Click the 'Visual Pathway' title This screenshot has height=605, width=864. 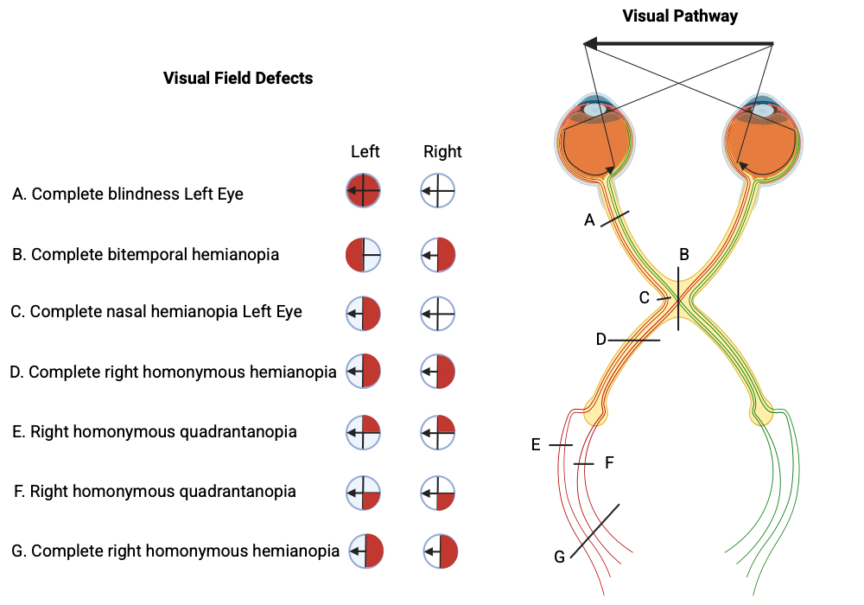click(680, 16)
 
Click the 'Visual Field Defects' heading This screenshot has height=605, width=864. click(238, 78)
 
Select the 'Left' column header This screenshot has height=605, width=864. click(365, 151)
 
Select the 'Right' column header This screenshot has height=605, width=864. click(442, 151)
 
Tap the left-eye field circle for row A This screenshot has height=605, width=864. click(363, 190)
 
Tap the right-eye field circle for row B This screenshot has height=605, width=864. click(438, 255)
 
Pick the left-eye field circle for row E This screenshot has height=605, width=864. click(363, 431)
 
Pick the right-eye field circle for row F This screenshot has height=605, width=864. click(438, 492)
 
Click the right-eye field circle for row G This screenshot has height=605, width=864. click(441, 551)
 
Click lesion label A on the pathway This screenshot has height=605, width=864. click(589, 220)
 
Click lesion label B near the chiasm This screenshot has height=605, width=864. click(683, 254)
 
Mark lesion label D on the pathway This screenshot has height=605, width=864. click(601, 339)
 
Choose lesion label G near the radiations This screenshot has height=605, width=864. click(559, 557)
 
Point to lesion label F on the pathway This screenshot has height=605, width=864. click(608, 462)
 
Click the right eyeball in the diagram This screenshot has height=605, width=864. click(764, 141)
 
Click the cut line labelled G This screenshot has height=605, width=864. click(594, 530)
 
